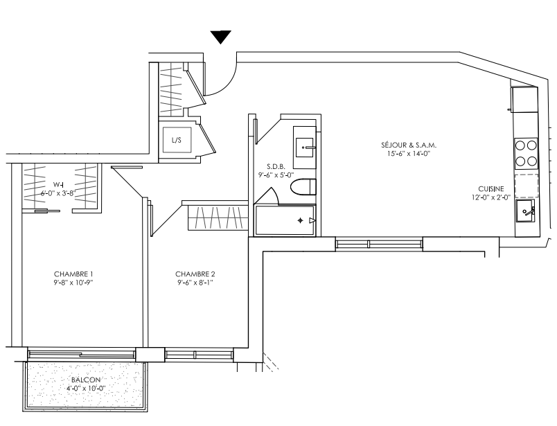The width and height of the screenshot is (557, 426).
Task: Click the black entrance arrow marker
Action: coord(220,37)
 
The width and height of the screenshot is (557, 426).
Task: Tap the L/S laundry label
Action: coord(177,140)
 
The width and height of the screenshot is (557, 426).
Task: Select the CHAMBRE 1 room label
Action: coord(73,274)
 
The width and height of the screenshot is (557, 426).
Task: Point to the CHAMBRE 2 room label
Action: coord(195,274)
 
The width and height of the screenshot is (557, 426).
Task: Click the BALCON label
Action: coord(86,380)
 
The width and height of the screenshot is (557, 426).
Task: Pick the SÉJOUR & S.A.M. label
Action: coord(409,145)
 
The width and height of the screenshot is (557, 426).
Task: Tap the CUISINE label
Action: coord(491,189)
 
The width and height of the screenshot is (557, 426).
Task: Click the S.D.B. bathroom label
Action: coord(276,166)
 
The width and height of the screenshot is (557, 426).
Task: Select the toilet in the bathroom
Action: coord(303,187)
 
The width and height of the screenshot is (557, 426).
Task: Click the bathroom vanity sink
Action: coord(304,148)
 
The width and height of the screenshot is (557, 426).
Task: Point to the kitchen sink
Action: coord(525,211)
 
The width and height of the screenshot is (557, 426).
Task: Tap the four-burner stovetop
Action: coord(526,154)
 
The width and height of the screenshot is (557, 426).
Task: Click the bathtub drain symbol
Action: coord(301,221)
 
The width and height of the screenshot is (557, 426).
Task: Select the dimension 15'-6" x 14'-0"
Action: coord(409,154)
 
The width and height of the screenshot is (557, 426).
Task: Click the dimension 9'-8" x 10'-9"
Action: coord(73,283)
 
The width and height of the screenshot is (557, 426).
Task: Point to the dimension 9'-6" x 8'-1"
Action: coord(195,283)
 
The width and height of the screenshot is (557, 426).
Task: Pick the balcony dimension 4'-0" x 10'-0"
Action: coord(86,389)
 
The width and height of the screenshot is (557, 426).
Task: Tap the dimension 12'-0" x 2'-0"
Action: coord(491,198)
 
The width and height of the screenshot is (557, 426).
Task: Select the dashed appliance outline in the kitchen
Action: coord(527,186)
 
